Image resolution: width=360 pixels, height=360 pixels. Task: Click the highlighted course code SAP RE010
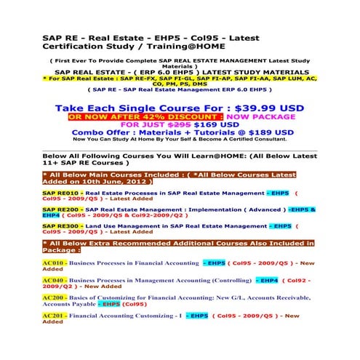(60, 193)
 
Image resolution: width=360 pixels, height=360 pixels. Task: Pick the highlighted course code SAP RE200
(60, 209)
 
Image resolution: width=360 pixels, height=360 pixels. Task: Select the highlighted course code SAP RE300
(60, 225)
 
